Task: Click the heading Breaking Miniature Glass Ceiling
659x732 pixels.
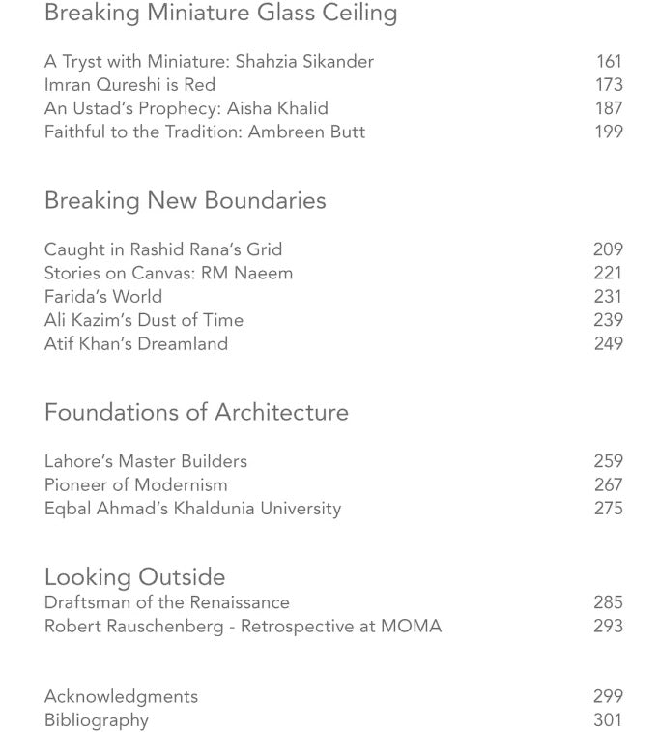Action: pos(220,14)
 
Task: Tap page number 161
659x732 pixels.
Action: pos(609,62)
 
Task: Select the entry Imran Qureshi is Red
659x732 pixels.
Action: pos(129,85)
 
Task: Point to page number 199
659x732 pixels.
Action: pos(609,132)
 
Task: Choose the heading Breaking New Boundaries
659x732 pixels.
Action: pos(185,201)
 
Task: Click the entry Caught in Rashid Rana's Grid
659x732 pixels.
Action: pos(163,249)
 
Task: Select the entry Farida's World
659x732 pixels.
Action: pos(103,297)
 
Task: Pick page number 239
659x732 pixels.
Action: pos(608,320)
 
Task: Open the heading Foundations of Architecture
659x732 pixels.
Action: pos(196,413)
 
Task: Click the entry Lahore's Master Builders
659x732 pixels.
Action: pos(146,461)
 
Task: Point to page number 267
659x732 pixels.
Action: pos(608,484)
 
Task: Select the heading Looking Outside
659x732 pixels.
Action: pos(134,577)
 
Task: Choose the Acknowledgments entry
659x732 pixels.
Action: pos(121,696)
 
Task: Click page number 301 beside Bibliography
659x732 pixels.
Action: pos(608,720)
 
